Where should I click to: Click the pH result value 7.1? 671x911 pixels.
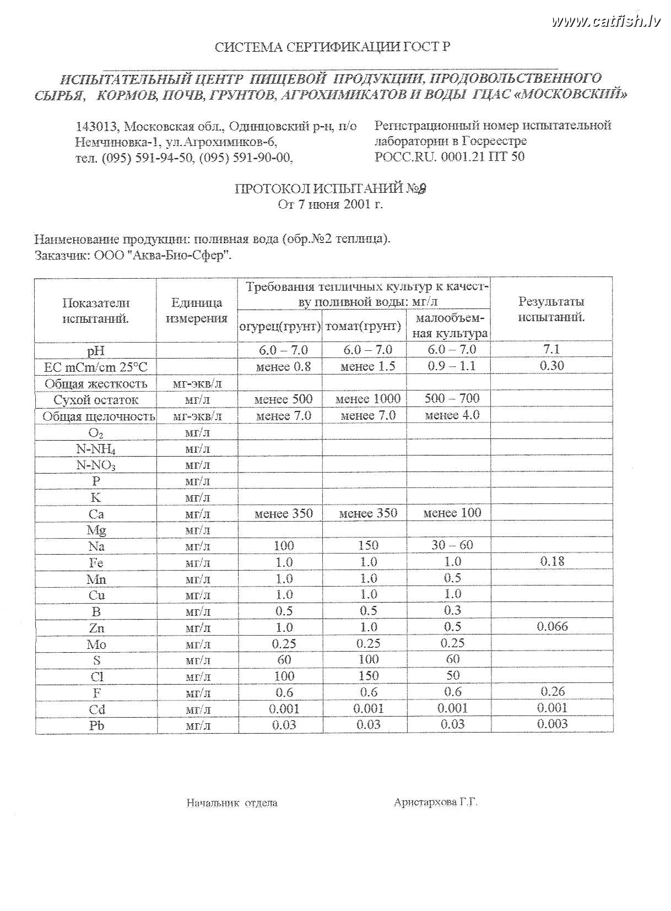[x=551, y=349]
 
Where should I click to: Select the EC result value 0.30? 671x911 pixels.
[x=551, y=366]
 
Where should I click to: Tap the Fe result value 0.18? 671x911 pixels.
[x=552, y=561]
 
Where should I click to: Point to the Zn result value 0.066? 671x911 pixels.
[x=552, y=626]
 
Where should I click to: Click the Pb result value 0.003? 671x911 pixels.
[x=552, y=724]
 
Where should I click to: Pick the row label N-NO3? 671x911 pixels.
[x=96, y=465]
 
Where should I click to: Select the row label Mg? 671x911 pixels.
[x=96, y=530]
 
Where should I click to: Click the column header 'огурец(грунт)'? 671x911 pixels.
[x=280, y=326]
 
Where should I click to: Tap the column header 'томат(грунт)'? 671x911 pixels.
[x=364, y=326]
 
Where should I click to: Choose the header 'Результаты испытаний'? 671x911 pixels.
[x=551, y=310]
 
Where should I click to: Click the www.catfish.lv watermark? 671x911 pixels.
[x=605, y=21]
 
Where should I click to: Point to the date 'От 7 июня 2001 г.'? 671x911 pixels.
[x=331, y=205]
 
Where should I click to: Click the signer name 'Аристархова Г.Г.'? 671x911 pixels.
[x=435, y=802]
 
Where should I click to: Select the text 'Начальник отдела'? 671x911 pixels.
[x=232, y=802]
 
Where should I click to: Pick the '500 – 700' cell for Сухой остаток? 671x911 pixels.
[x=452, y=398]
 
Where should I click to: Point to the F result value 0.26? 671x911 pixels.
[x=552, y=691]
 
